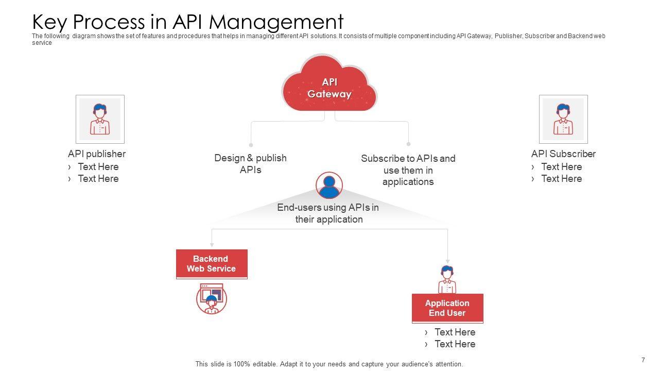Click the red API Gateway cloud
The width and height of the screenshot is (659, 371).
329,85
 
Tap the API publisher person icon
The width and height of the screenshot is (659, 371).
100,119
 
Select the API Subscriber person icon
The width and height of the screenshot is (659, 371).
563,119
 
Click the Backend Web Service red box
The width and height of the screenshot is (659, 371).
212,264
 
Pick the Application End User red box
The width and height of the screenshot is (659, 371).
447,308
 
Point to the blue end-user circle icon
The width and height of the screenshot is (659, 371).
329,185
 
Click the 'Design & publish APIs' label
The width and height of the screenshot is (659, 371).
251,164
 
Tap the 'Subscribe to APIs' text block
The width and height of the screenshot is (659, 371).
408,170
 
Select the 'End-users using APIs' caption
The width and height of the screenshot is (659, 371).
328,213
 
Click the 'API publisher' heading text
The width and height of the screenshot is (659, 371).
97,154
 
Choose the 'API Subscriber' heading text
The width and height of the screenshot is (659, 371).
563,154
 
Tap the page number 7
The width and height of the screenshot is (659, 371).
643,360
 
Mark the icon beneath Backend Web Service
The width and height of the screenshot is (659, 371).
211,299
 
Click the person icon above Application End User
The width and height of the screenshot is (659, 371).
447,279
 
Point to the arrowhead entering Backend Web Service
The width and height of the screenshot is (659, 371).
212,246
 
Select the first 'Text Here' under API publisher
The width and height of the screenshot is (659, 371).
98,167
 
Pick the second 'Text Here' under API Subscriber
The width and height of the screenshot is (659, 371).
561,179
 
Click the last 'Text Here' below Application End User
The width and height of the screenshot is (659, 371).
455,344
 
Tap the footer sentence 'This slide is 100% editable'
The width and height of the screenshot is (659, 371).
329,364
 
